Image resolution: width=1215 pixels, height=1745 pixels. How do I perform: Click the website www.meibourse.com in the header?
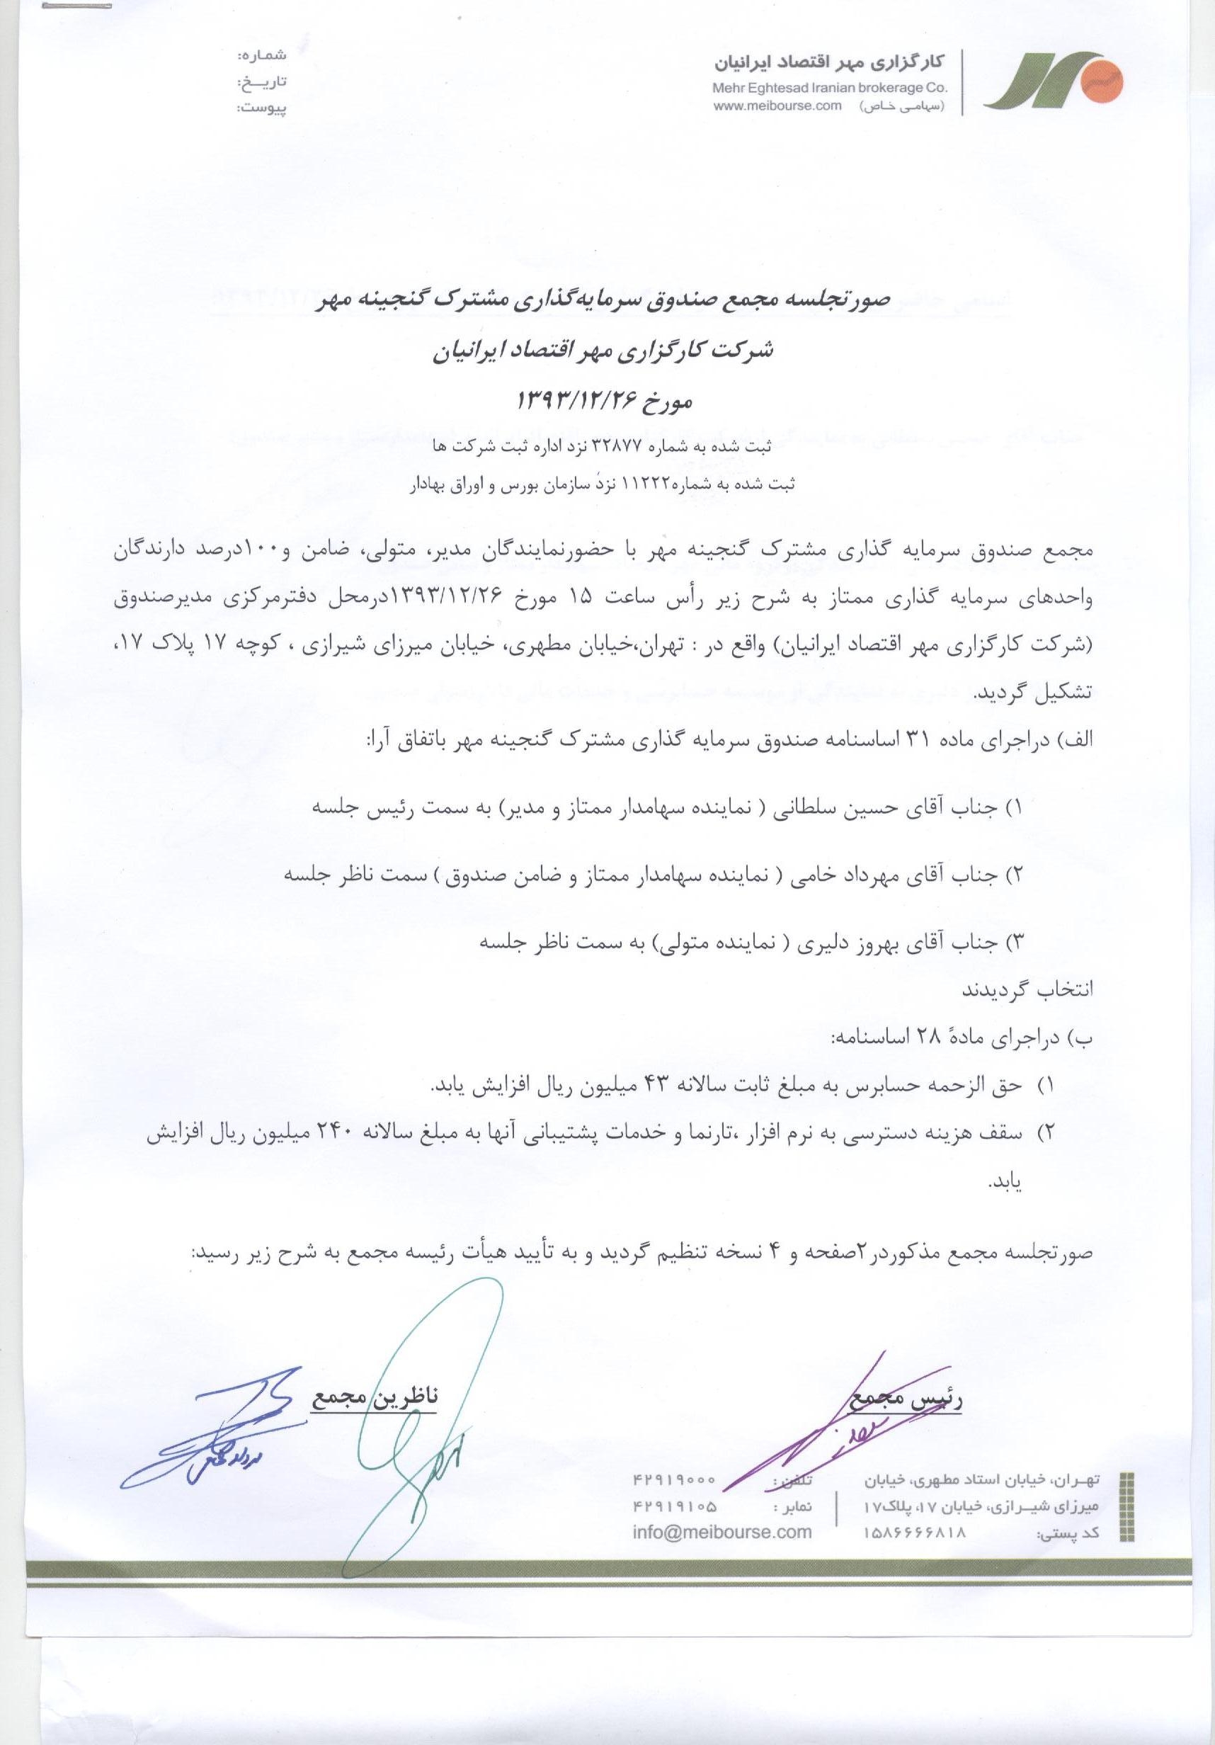tap(777, 106)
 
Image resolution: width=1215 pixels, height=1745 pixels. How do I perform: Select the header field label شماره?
tap(261, 55)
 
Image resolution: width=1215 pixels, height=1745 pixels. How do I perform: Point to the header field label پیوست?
tap(261, 108)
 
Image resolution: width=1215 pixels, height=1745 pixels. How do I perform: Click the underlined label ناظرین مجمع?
tap(374, 1397)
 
